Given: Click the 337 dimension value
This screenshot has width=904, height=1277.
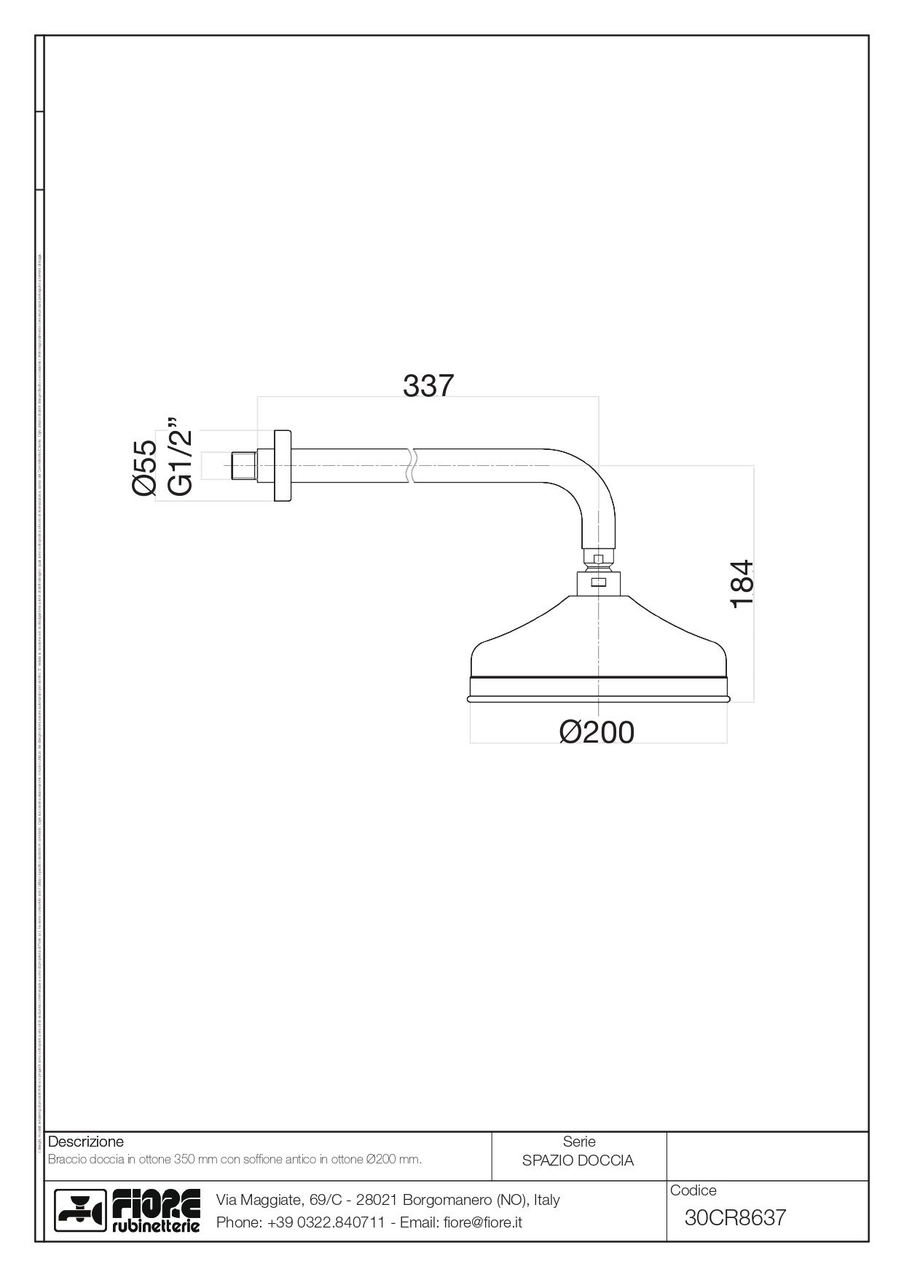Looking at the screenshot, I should click(428, 387).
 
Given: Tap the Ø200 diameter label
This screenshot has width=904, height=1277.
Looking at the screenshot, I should click(597, 732).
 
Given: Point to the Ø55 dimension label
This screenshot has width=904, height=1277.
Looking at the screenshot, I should click(145, 467).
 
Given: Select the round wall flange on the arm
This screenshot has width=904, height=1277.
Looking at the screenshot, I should click(282, 466).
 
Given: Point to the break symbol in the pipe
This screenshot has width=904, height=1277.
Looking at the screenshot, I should click(412, 466).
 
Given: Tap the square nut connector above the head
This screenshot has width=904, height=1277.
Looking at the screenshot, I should click(598, 582).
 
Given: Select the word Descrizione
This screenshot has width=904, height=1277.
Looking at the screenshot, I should click(86, 1142).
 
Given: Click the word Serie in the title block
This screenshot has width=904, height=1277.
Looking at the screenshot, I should click(579, 1142).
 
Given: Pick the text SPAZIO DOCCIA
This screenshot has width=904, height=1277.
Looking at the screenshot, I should click(578, 1161).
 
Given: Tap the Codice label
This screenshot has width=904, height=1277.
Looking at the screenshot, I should click(693, 1190).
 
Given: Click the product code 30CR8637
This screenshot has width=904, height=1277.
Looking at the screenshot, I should click(735, 1217).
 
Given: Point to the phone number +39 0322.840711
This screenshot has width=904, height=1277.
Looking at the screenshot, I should click(326, 1222).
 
